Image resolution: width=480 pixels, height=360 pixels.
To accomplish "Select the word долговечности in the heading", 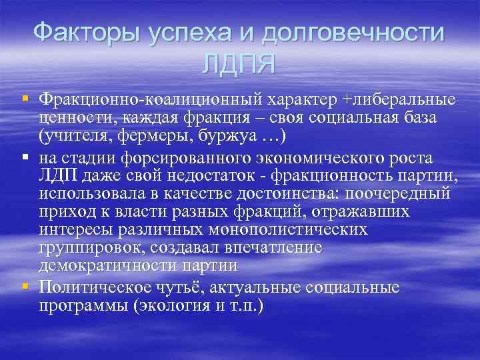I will (353, 32).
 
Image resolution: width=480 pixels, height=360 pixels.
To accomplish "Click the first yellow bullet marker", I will (25, 98).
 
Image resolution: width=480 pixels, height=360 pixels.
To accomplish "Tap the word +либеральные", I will (398, 99).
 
